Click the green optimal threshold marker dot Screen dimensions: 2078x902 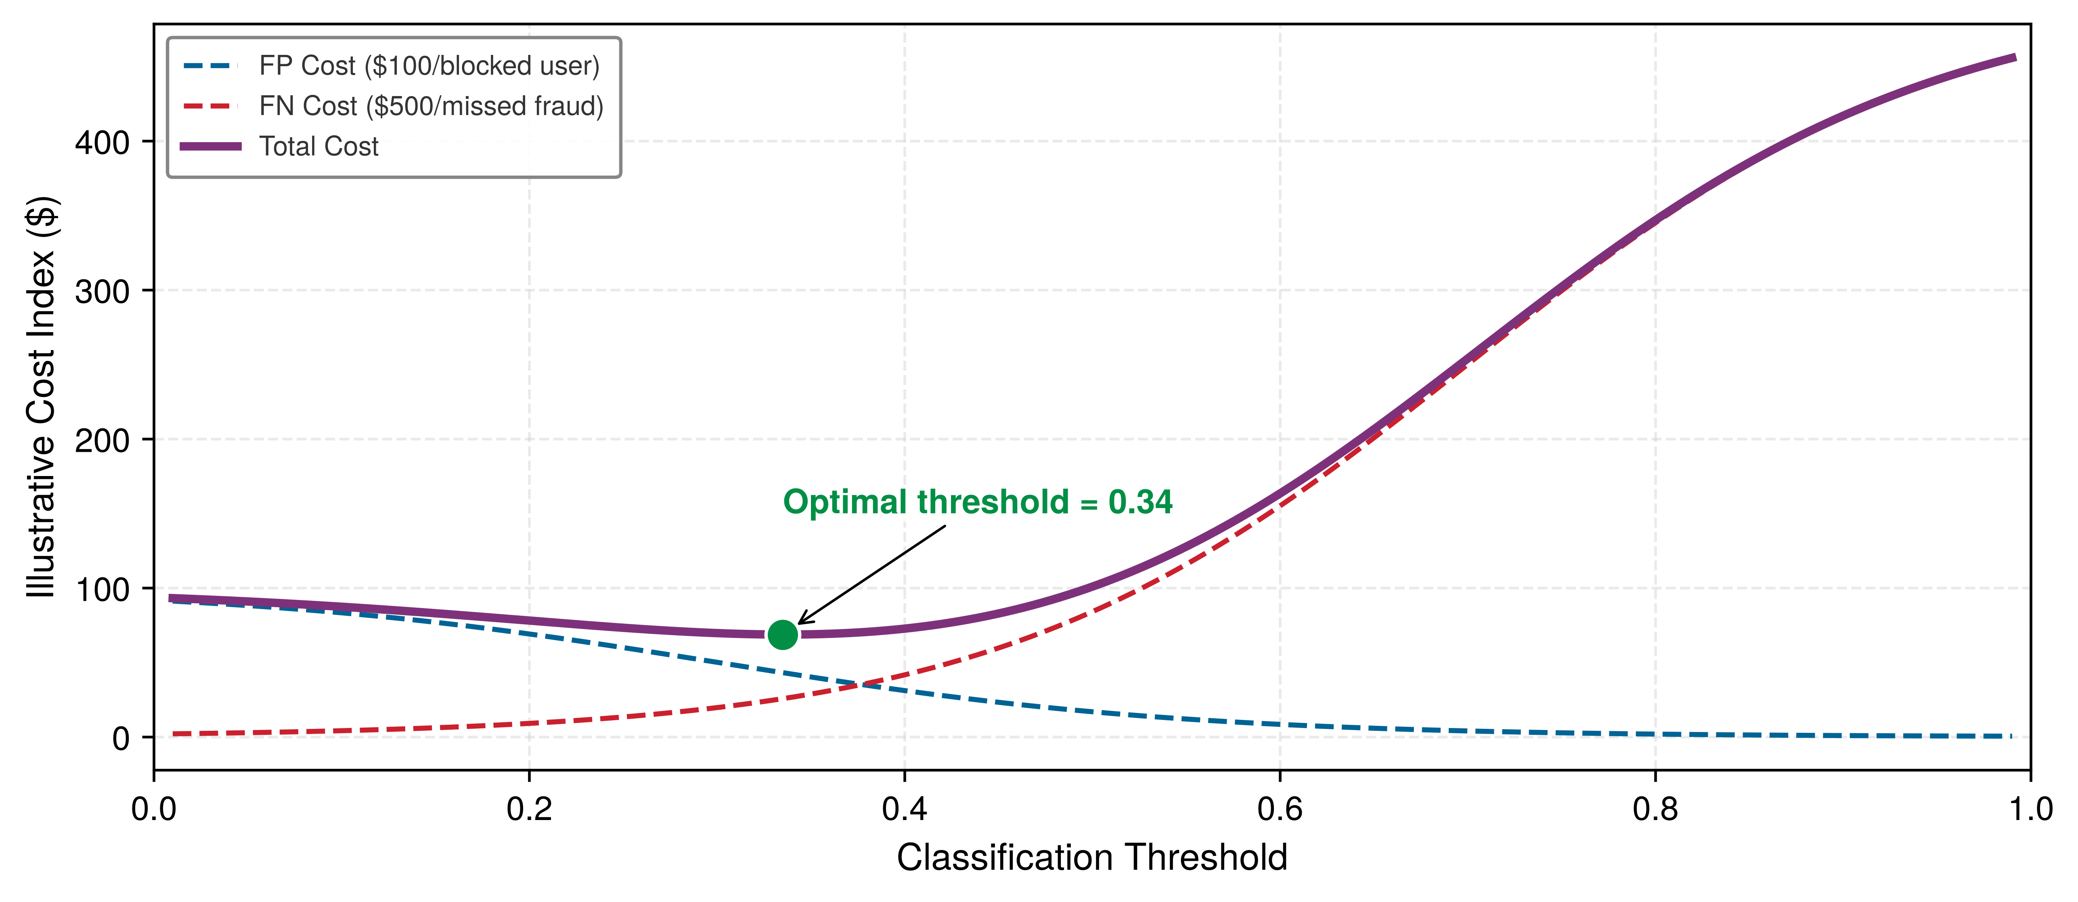782,635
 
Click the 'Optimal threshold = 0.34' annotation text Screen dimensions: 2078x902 978,502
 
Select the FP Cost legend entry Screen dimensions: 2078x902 391,65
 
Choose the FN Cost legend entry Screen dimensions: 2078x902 393,106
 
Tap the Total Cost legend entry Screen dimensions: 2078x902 280,146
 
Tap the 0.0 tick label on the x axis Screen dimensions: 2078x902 154,808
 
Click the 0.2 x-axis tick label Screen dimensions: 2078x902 529,808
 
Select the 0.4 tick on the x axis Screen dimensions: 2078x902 904,808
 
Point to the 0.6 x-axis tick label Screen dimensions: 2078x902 1280,808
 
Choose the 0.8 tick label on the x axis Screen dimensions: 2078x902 1655,808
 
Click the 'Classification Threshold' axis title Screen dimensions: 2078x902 1092,858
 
